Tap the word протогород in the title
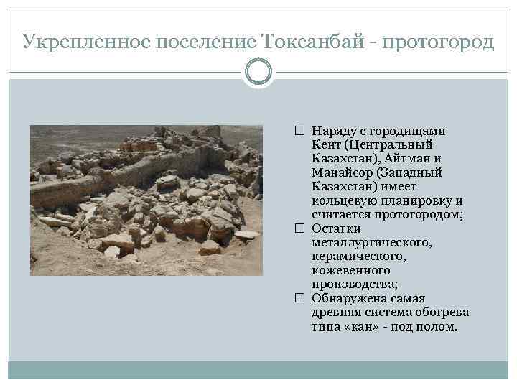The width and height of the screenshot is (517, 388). point(439,42)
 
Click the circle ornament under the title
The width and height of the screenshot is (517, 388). point(258,72)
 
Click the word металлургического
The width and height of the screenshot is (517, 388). point(371,243)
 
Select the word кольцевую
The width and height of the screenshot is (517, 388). point(343,201)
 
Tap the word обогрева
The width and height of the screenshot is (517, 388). point(443,313)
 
